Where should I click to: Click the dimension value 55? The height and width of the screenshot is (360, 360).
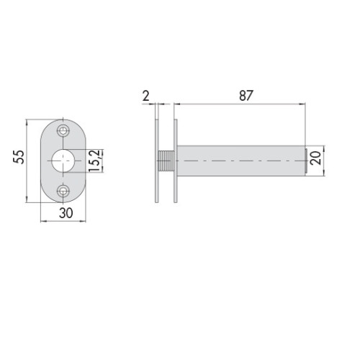coord(19,157)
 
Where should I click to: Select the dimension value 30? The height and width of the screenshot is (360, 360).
coord(66,213)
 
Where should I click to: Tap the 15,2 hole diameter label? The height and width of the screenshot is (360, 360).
coord(94,161)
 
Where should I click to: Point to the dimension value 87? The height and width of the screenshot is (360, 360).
coord(246,96)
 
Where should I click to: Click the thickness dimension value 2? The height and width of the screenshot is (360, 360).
coord(145,96)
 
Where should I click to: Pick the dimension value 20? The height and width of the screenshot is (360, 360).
coord(316,158)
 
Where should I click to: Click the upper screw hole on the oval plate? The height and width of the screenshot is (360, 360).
coord(63,131)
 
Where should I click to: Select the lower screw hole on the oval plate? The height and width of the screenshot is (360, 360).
coord(63,192)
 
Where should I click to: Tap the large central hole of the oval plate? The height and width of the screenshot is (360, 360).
coord(63,161)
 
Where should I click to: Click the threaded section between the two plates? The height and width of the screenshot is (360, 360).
coord(166,161)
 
